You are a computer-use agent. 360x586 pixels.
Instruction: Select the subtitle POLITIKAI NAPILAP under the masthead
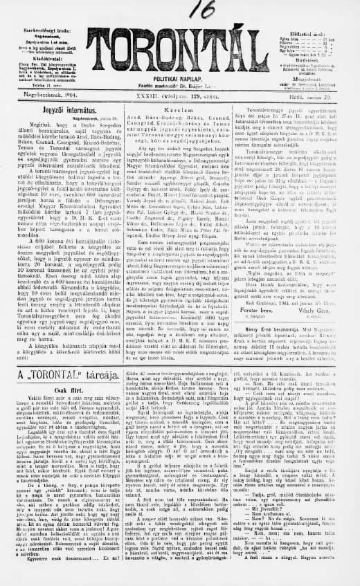pyautogui.click(x=181, y=80)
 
